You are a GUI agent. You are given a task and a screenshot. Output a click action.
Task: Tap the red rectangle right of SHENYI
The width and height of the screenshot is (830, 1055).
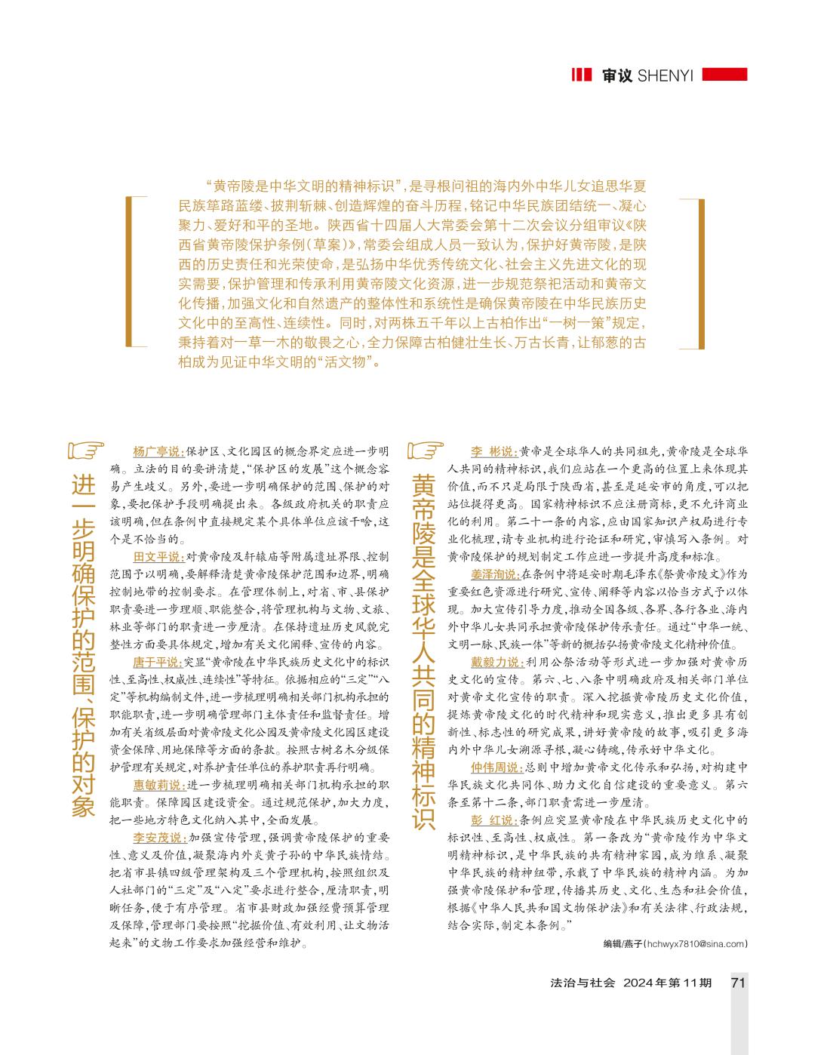[x=724, y=75]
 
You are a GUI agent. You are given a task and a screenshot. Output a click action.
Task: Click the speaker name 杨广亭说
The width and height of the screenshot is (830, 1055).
[x=158, y=452]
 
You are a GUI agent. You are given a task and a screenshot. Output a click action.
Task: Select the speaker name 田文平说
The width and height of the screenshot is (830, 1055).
[x=158, y=557]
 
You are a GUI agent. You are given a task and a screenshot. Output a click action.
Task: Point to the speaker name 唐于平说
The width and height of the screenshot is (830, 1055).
[x=158, y=662]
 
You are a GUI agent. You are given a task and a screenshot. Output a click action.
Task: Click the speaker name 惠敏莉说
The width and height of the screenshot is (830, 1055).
[x=158, y=785]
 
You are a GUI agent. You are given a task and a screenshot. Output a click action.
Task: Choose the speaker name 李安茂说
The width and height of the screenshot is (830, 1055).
[x=158, y=838]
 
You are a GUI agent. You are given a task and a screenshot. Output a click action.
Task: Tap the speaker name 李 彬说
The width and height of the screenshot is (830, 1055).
[x=494, y=452]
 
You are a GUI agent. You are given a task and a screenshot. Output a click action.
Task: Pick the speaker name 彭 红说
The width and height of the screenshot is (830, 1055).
[x=494, y=820]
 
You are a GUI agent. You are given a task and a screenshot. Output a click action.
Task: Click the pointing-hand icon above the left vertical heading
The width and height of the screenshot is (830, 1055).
[x=85, y=451]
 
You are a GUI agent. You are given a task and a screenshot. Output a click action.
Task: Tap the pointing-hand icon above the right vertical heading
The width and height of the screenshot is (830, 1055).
[x=424, y=451]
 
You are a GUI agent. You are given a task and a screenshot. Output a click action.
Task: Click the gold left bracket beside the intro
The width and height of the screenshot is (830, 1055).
[x=133, y=272]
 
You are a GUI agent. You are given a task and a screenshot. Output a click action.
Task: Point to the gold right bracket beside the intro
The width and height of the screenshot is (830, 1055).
[x=698, y=272]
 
